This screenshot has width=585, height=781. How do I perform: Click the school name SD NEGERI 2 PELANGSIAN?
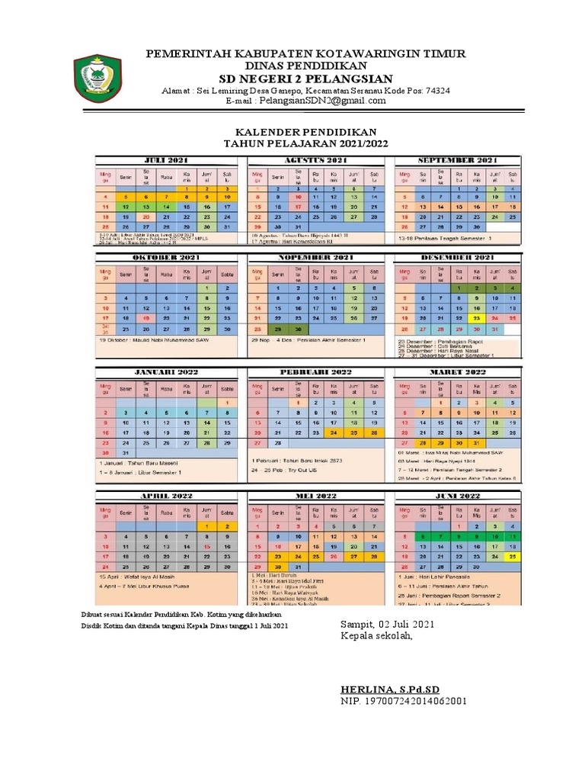coord(305,79)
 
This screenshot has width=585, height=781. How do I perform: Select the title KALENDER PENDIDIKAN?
coord(305,132)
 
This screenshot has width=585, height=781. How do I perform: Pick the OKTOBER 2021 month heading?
coord(168,258)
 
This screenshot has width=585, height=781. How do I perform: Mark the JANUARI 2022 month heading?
coord(168,371)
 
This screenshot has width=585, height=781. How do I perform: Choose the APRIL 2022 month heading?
coord(168,496)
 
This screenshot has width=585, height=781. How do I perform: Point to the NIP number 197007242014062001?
coord(404,700)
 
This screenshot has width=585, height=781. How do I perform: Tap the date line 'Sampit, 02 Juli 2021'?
coord(388,625)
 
